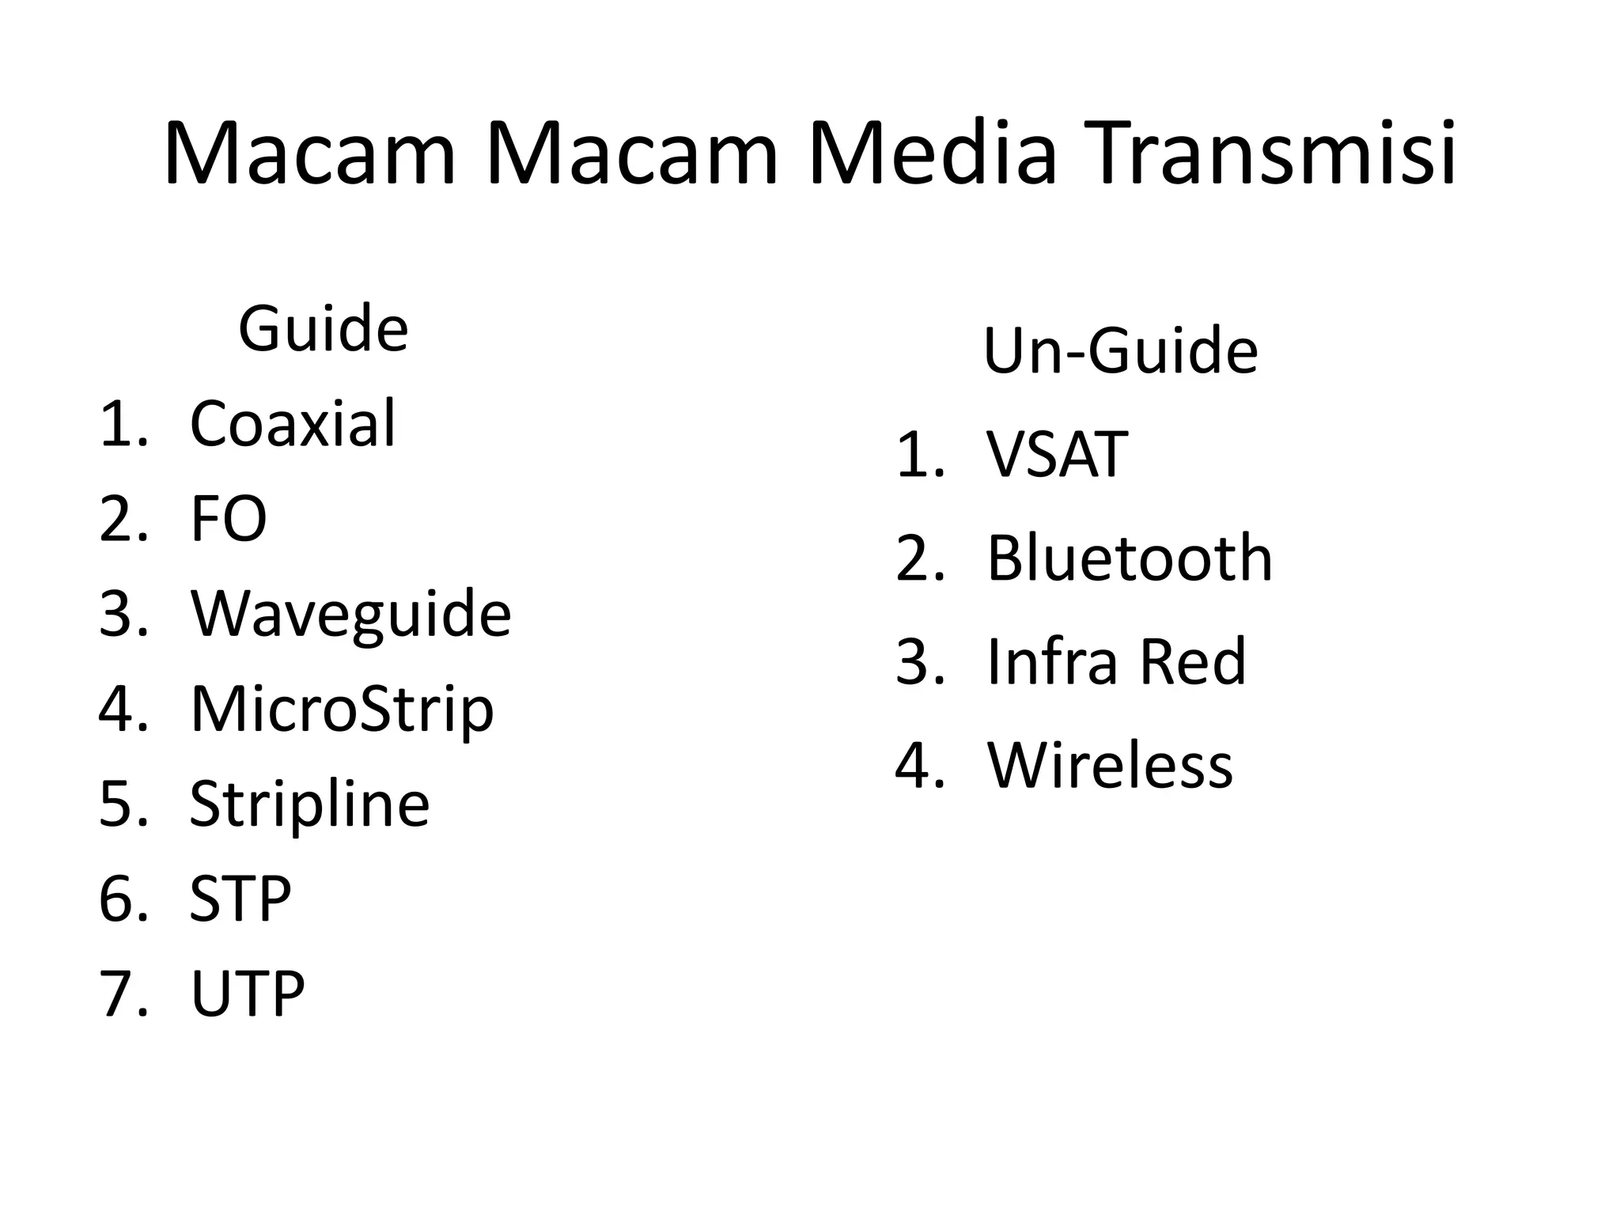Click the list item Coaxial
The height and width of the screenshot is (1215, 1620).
pos(292,424)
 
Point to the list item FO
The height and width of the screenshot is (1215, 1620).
pos(228,520)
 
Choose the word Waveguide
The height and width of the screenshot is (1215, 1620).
pos(350,615)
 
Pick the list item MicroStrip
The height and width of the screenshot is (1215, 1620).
pos(342,710)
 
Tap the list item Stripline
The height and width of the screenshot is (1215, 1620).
pos(309,804)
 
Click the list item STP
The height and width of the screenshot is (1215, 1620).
pos(240,899)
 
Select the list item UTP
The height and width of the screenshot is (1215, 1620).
pos(247,994)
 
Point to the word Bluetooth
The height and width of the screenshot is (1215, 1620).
pos(1130,558)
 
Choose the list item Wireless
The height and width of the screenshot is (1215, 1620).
pos(1110,765)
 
